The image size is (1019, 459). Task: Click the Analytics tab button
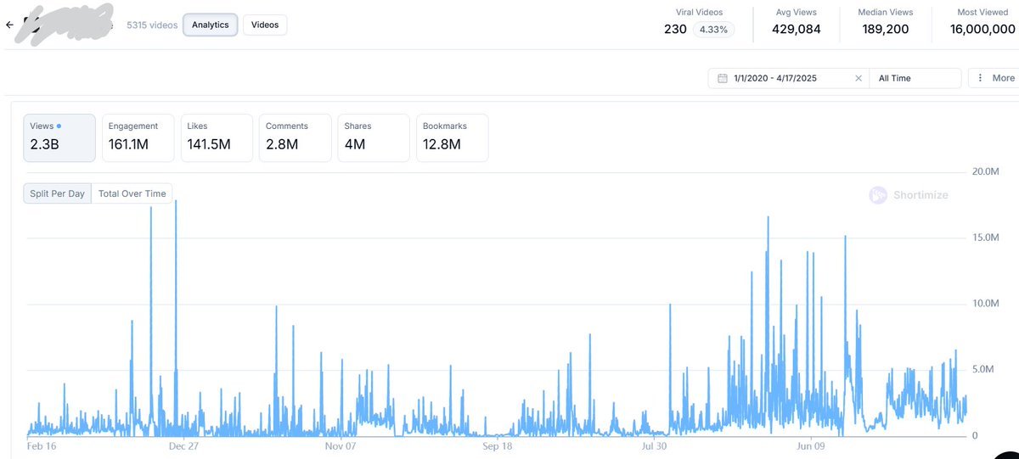210,25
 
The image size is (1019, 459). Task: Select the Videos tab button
265,25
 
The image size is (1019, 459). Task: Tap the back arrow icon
9,25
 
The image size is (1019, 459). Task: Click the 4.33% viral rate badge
713,30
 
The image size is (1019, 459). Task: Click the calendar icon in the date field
723,78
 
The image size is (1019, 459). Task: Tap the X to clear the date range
858,78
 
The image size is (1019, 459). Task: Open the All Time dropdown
915,78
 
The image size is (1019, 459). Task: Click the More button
994,78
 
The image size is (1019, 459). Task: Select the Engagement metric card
138,137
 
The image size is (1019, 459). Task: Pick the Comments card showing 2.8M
295,137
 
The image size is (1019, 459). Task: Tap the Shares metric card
373,137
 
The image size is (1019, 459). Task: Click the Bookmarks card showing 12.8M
452,137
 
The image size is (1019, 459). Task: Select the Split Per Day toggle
57,193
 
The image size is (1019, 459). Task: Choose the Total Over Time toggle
132,193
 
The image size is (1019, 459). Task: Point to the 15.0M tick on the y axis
985,238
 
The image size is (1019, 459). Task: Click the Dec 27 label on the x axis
183,445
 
